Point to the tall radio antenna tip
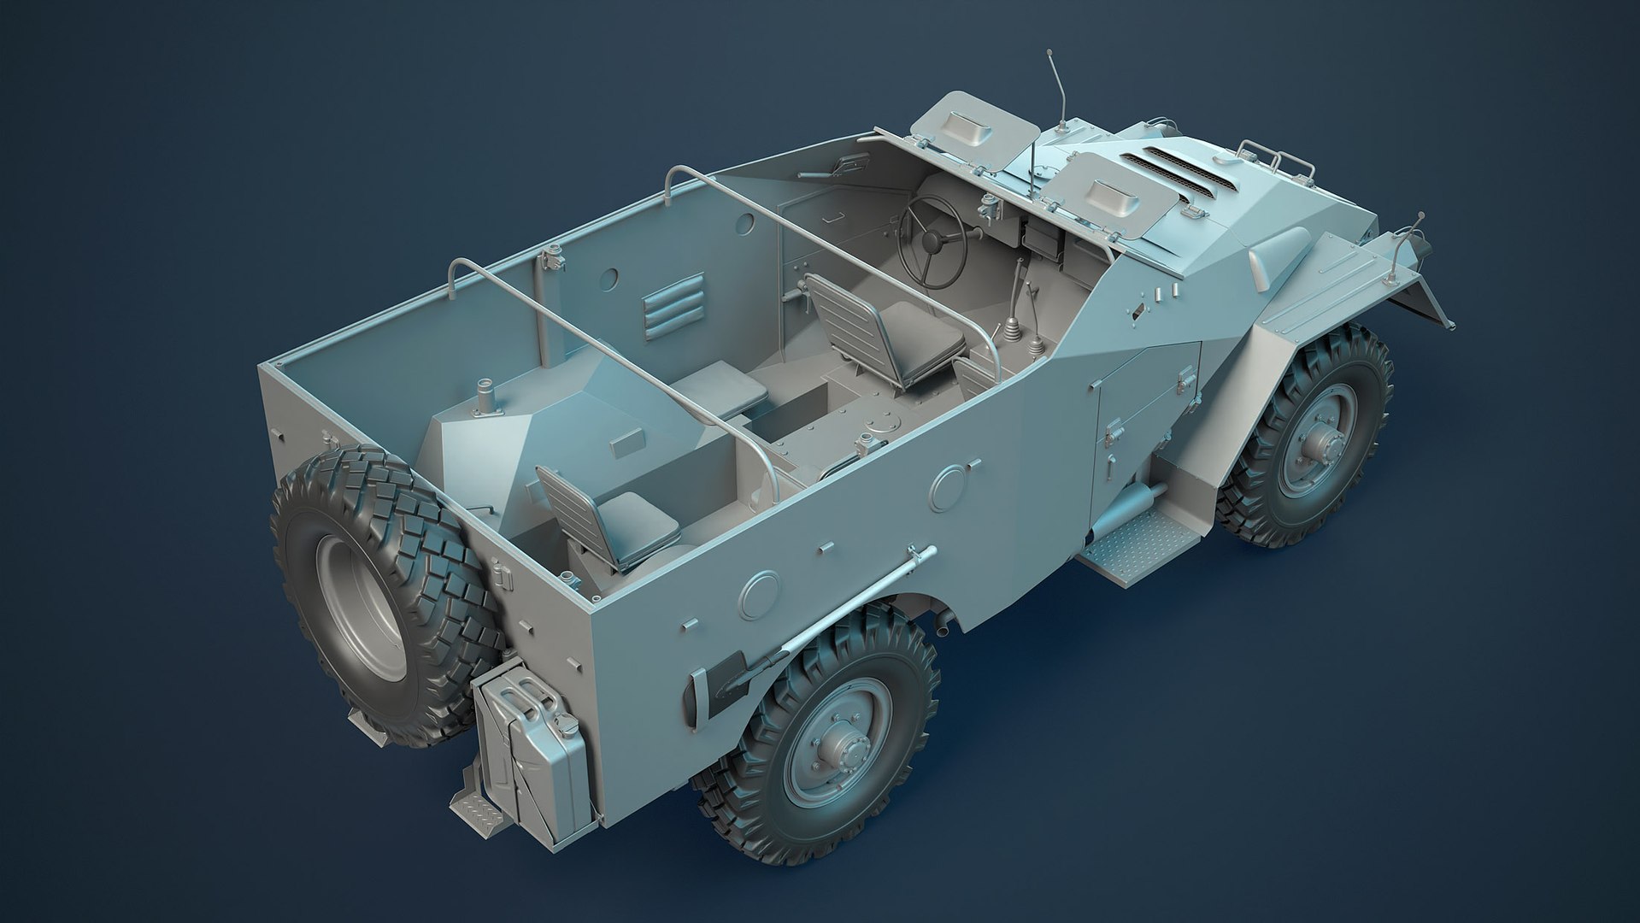pyautogui.click(x=1049, y=55)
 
